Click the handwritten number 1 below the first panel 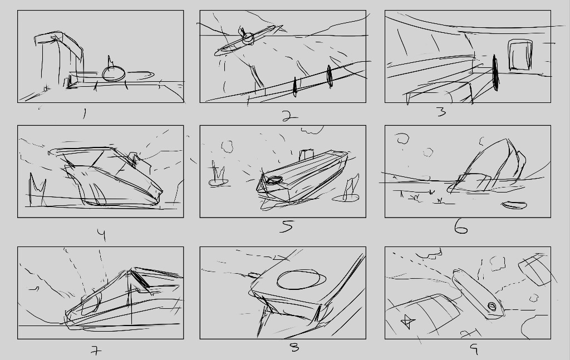click(85, 114)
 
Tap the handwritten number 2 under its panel click(289, 116)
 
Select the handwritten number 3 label click(441, 111)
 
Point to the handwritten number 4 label click(102, 235)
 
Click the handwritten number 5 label click(287, 226)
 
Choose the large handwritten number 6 click(461, 228)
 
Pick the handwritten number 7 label click(96, 351)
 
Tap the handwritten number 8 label click(294, 348)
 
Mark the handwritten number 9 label click(474, 349)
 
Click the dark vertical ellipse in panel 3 click(495, 73)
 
